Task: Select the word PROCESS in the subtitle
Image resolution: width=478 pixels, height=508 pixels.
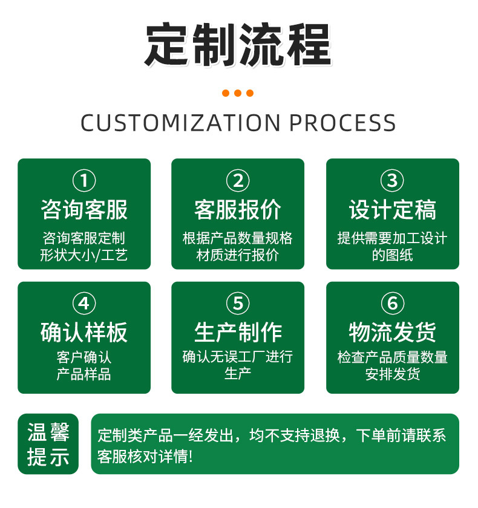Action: point(342,123)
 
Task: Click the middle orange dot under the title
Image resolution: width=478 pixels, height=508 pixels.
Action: point(238,93)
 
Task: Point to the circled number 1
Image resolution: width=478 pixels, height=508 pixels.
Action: point(84,180)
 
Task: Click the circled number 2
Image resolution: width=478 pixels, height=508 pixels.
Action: point(238,180)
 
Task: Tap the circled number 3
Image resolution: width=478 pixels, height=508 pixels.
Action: point(392,180)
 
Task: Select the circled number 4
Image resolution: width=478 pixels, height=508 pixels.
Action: point(84,303)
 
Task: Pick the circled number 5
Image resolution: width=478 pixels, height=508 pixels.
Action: point(238,303)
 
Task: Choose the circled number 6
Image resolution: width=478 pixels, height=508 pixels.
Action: point(392,303)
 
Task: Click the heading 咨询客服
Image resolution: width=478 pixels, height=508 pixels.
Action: point(84,210)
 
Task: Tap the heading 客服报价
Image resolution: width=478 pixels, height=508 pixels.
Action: point(238,210)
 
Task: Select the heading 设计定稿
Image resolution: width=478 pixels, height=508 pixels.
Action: point(392,210)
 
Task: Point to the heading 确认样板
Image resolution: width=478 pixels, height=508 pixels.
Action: point(84,333)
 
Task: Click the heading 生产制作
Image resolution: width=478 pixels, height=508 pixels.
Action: point(238,333)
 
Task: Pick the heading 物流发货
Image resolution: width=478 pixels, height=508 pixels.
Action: point(392,333)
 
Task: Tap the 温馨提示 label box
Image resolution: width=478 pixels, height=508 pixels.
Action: point(48,444)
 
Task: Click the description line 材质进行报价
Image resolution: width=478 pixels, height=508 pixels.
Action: point(238,255)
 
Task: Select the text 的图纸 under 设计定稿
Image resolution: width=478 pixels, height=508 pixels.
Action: point(392,255)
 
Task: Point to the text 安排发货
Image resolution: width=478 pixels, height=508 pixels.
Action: point(392,374)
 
